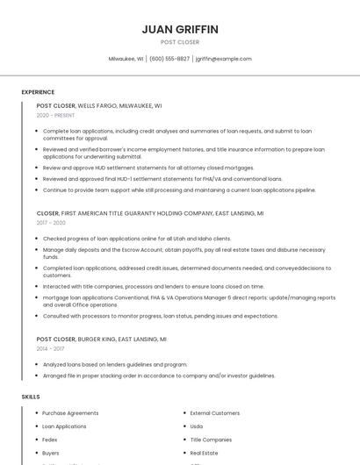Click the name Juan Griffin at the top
pos(180,29)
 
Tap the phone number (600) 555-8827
pos(169,59)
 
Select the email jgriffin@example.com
pos(223,59)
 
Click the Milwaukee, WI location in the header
pos(126,59)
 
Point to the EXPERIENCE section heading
pos(38,92)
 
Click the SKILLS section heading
pos(31,397)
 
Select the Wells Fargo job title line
pos(99,105)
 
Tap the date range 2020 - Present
pos(55,115)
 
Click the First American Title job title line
pos(150,213)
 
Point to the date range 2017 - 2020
pos(52,223)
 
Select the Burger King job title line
pos(101,339)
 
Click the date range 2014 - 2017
pos(50,348)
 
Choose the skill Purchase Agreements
pos(70,412)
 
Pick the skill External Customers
pos(215,412)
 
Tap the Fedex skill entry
pos(50,440)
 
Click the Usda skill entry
pos(197,426)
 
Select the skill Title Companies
pos(211,440)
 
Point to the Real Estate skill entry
pos(205,453)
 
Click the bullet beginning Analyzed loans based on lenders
pos(115,364)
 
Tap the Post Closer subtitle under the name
pos(180,42)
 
